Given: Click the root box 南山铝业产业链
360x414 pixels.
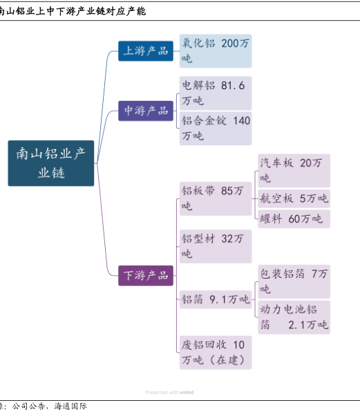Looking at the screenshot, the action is pyautogui.click(x=51, y=163).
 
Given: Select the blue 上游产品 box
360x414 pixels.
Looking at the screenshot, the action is pyautogui.click(x=146, y=51).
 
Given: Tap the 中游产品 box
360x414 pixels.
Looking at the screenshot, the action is pyautogui.click(x=146, y=111).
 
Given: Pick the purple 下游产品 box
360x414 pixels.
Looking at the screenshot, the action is pyautogui.click(x=146, y=276).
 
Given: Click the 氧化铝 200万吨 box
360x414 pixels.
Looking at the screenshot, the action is pyautogui.click(x=216, y=51).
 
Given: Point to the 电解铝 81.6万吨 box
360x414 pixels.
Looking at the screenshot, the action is pyautogui.click(x=216, y=93).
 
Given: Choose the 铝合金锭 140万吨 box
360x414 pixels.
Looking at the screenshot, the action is pyautogui.click(x=216, y=129).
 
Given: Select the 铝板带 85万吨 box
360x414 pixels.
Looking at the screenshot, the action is pyautogui.click(x=216, y=198).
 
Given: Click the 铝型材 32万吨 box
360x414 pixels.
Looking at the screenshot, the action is pyautogui.click(x=216, y=246).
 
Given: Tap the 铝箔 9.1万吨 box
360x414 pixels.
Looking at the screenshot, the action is pyautogui.click(x=216, y=299).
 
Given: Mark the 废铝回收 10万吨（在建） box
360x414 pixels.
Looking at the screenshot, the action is pyautogui.click(x=216, y=352).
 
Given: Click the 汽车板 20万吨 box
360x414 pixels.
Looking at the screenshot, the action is pyautogui.click(x=294, y=171).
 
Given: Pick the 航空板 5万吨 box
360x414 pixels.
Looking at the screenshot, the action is pyautogui.click(x=294, y=198).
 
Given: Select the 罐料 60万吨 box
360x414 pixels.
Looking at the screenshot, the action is pyautogui.click(x=294, y=219).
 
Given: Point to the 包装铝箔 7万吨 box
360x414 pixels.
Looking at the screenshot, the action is pyautogui.click(x=294, y=281).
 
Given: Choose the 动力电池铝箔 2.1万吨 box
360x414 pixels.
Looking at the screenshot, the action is pyautogui.click(x=294, y=317).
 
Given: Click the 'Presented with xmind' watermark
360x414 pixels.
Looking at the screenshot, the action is pyautogui.click(x=169, y=393).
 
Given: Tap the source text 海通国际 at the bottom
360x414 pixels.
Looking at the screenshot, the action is pyautogui.click(x=70, y=406).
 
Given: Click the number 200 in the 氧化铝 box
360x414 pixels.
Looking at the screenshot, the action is pyautogui.click(x=229, y=44).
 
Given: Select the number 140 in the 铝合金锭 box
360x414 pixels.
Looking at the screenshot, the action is pyautogui.click(x=241, y=121).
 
